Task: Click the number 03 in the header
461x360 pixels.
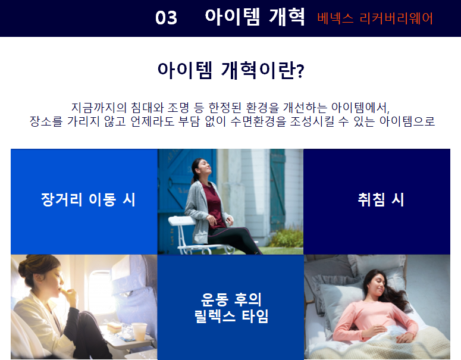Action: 166,18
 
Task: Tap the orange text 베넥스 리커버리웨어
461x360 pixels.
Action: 375,18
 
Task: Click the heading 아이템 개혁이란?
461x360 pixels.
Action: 231,70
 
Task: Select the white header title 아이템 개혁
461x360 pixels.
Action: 255,17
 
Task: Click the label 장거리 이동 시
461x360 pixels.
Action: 88,200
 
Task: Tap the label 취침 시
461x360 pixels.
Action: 381,200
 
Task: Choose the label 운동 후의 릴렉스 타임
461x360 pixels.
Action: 231,308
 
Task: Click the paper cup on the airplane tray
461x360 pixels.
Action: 139,331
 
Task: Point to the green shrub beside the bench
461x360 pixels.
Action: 287,237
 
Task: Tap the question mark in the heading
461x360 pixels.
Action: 300,71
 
